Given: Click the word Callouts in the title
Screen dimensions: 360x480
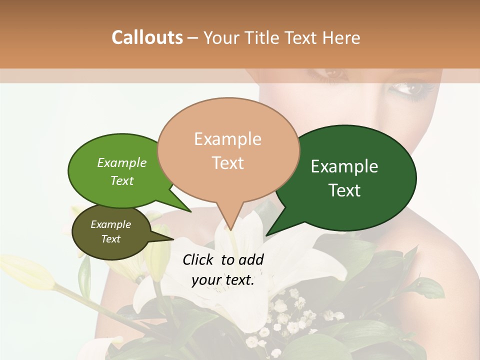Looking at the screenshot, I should click(x=147, y=37).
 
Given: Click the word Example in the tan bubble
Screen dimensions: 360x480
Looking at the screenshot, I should click(x=227, y=139).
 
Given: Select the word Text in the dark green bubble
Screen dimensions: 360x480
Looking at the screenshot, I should click(x=345, y=190).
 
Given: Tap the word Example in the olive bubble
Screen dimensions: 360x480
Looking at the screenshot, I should click(x=111, y=224).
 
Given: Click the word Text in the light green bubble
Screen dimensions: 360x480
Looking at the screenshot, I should click(x=122, y=180).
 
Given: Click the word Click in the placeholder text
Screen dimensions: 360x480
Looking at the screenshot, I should click(x=199, y=259).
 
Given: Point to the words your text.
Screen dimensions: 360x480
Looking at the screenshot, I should click(x=223, y=280).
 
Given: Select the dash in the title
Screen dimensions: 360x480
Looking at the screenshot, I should click(x=193, y=38).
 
